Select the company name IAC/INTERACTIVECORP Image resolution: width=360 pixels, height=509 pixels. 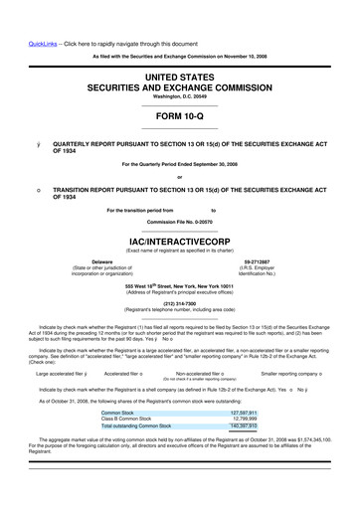click(x=179, y=241)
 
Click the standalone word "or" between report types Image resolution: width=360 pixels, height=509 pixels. click(x=179, y=179)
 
